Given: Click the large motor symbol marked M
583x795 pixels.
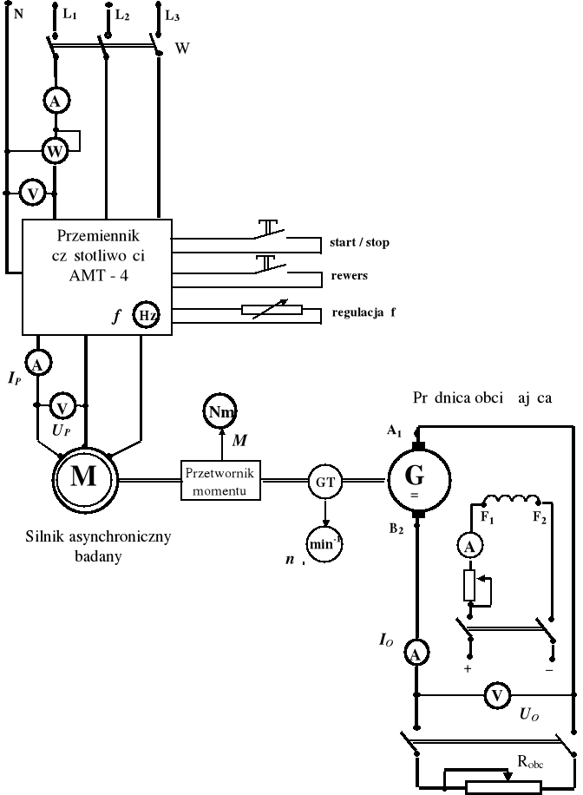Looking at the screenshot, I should [x=84, y=477].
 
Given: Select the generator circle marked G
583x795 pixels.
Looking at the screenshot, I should [x=417, y=477].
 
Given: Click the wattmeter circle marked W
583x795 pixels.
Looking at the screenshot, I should [x=56, y=151].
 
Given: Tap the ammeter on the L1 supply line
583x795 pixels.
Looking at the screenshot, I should [x=56, y=102].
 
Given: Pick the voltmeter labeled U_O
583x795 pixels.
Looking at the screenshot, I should [x=496, y=695].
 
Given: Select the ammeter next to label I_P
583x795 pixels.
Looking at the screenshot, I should [x=36, y=360].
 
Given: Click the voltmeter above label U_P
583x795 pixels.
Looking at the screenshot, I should [x=62, y=405].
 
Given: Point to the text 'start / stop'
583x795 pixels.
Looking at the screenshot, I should [x=359, y=242].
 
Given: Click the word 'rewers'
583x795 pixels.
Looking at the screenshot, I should [x=350, y=276].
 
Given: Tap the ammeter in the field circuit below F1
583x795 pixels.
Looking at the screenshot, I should [x=469, y=545].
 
